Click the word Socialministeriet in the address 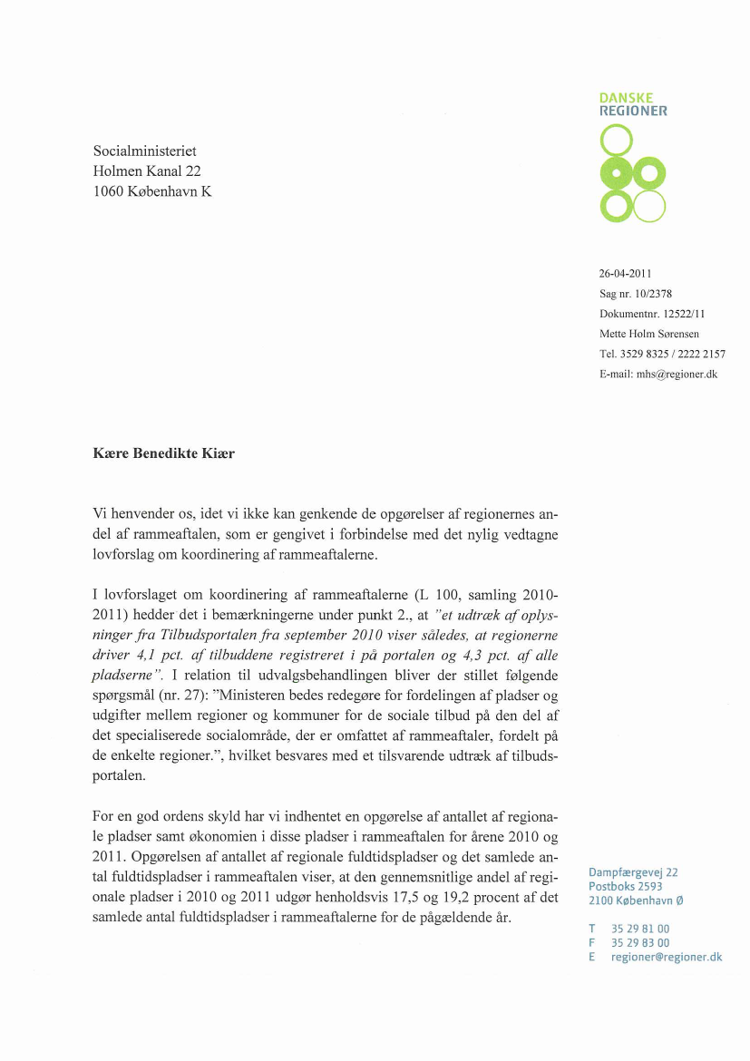coord(145,151)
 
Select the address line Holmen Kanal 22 coord(147,170)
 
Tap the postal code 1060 coord(111,190)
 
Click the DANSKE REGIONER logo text coord(633,104)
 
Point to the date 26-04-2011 coord(626,273)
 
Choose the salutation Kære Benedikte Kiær coord(164,453)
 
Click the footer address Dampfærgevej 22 coord(633,872)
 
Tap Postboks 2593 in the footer coord(626,886)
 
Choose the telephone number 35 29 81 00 coord(640,929)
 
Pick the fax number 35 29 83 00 coord(640,942)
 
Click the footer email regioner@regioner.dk coord(667,957)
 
